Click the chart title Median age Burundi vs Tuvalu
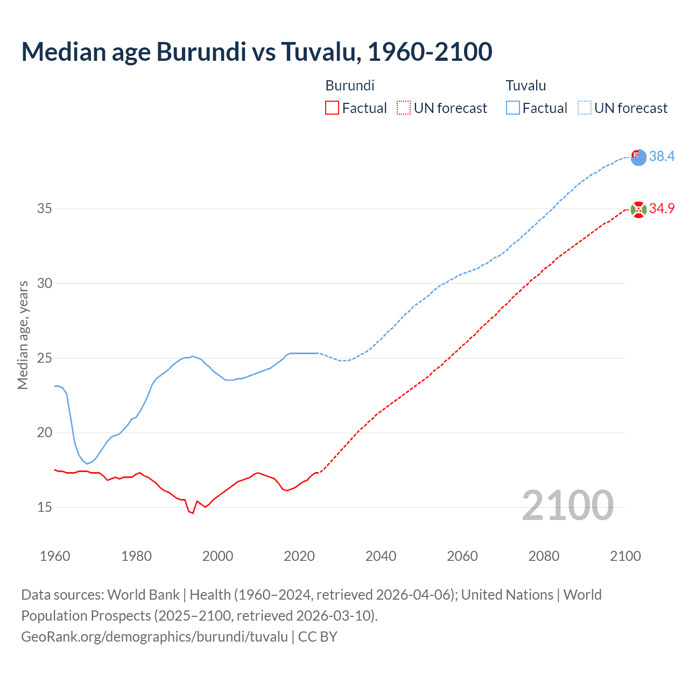coord(256,52)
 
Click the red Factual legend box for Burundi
coord(332,108)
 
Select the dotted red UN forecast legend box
coord(404,108)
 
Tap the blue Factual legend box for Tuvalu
coord(513,108)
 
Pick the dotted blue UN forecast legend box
coord(585,108)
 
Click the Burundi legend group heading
coord(350,86)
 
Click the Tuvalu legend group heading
coord(526,86)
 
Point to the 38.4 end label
coord(662,156)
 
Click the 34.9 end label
coord(662,208)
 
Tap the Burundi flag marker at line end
coord(638,209)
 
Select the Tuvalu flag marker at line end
coord(638,157)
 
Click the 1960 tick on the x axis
coord(55,556)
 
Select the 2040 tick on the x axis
coord(381,556)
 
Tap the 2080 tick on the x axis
coord(544,556)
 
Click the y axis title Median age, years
coord(23,335)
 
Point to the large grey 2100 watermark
coord(567,505)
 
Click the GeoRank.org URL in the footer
coord(154,637)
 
